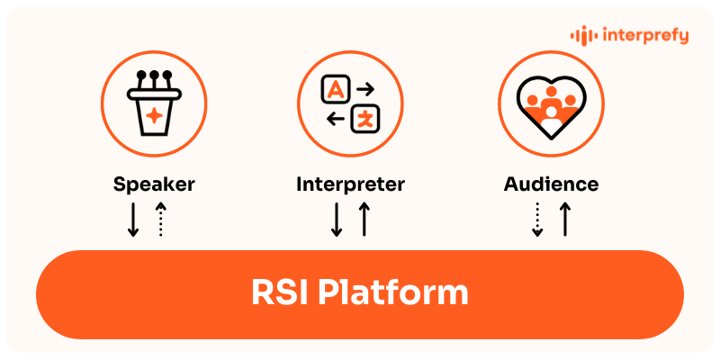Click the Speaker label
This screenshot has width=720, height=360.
point(154,184)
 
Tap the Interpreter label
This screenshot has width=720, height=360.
point(351,184)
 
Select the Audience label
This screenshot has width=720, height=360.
point(551,184)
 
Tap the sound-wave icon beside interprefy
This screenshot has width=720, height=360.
point(585,36)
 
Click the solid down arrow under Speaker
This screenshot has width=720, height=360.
point(133,220)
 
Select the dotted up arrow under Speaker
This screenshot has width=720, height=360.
point(161,220)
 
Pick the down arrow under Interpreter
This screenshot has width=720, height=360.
point(337,220)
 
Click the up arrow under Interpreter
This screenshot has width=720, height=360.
point(364,220)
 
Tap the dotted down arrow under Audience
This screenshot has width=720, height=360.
point(537,220)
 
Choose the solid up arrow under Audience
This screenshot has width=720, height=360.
point(565,220)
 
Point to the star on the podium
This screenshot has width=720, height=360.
point(154,114)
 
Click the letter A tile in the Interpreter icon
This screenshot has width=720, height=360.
point(335,88)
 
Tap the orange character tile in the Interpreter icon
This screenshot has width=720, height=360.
point(367,118)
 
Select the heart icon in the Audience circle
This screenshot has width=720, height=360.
point(551,101)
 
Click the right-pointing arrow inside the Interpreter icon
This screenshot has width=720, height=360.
point(365,88)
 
